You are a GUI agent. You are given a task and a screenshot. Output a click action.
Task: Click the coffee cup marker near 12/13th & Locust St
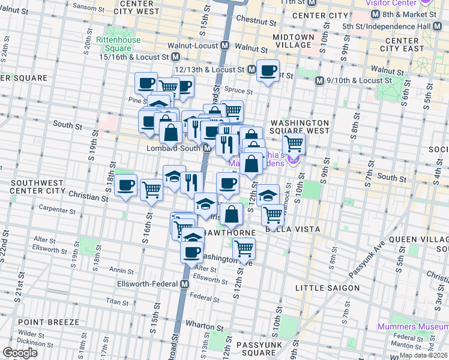268,71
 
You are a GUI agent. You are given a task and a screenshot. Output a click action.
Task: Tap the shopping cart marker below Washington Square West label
294,144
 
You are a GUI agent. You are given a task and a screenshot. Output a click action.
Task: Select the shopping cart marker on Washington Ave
244,248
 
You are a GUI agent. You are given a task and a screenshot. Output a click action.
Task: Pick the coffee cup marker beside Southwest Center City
126,185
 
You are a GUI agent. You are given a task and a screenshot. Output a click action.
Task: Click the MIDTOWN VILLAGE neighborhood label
293,41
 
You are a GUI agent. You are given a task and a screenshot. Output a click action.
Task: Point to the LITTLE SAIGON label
327,288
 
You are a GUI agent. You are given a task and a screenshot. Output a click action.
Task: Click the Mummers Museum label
412,327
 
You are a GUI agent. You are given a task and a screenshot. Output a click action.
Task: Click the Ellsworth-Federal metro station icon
185,284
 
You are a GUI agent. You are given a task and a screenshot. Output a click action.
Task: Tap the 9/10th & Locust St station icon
320,80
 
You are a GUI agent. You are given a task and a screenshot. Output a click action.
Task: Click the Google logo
20,353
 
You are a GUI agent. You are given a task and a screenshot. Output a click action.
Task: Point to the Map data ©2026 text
423,355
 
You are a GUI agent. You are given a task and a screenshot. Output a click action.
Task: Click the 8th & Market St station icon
375,14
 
